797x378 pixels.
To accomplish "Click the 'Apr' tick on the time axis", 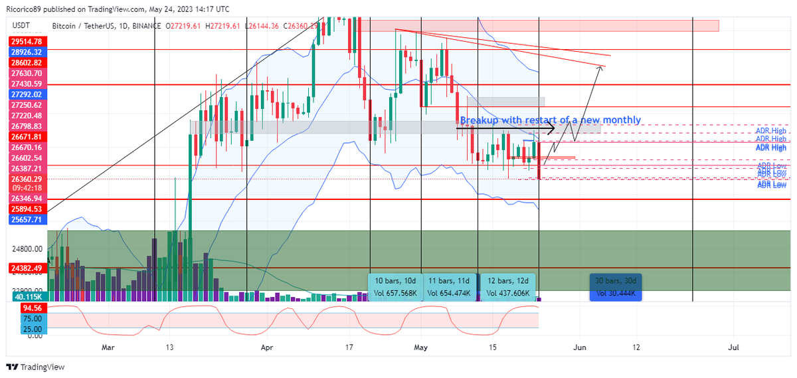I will coord(267,347).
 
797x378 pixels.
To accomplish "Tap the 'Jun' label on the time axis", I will coord(580,347).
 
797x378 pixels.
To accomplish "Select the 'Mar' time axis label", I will coord(108,347).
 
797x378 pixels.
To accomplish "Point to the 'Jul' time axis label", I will coord(734,347).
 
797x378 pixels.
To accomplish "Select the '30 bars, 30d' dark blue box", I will coord(616,286).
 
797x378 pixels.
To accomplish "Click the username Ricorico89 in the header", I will coord(25,9).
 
